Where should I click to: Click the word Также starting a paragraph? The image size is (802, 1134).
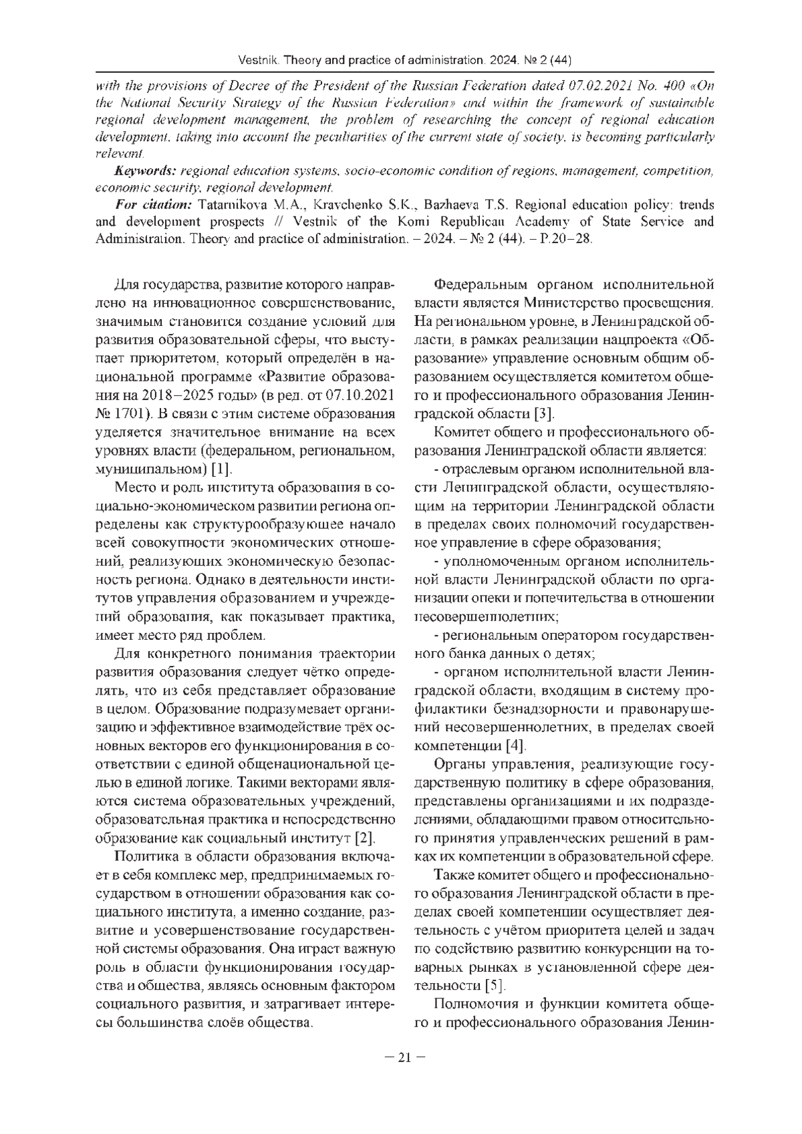[452, 875]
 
